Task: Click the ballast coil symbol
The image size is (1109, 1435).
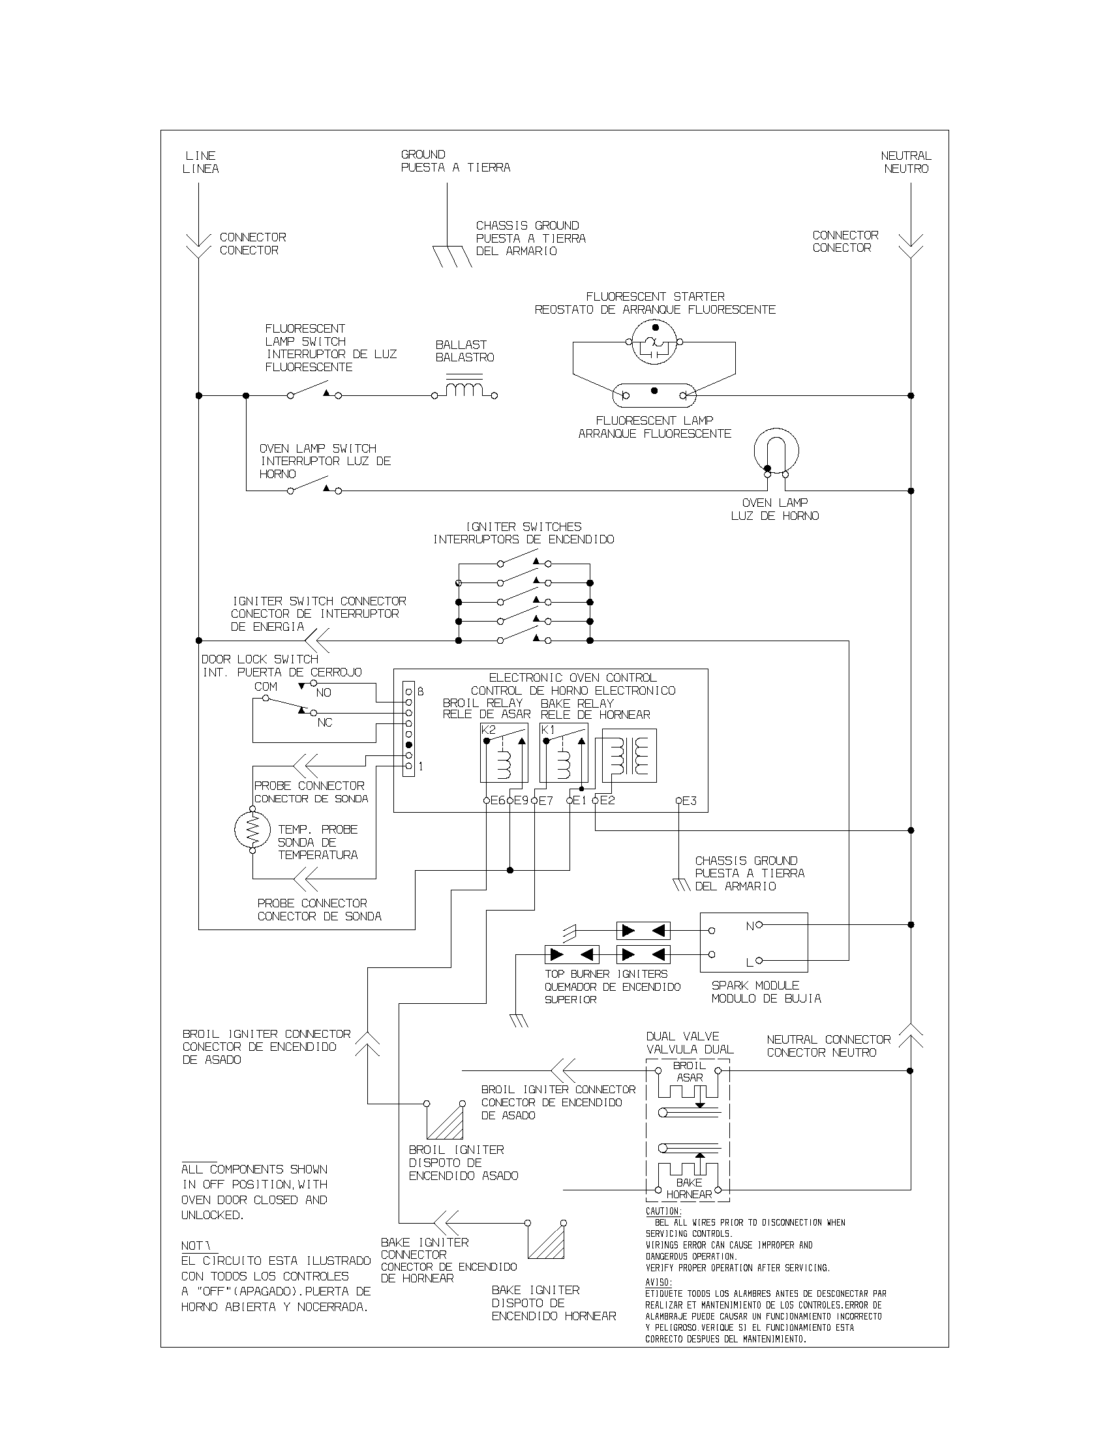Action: pos(464,388)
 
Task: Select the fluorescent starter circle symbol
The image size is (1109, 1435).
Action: pos(654,342)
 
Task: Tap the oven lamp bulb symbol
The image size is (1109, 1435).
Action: pos(776,451)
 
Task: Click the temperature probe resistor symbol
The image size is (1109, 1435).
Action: pos(252,830)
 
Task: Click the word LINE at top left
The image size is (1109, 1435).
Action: pos(200,156)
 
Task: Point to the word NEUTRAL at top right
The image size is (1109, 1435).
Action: pos(905,156)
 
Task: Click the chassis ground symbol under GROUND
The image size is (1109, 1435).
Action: pos(452,256)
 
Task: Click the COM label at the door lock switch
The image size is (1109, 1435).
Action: pos(266,687)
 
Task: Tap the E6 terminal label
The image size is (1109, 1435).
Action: pos(496,801)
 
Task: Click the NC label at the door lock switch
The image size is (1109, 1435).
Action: pos(325,723)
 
